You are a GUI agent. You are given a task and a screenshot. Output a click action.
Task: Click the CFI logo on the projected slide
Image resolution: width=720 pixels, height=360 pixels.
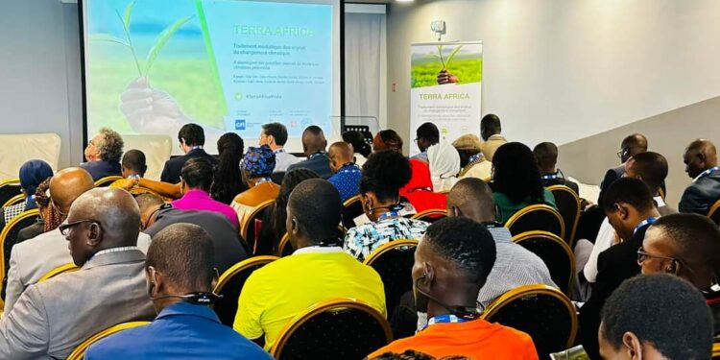click(x=240, y=124)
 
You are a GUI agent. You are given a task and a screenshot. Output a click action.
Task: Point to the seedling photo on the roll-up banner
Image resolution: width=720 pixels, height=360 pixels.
click(x=445, y=65)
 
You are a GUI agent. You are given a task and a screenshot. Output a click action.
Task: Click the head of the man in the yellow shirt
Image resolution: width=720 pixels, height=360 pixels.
click(x=316, y=211)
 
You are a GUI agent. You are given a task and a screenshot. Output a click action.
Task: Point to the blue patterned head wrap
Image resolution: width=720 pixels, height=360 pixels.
click(x=257, y=161)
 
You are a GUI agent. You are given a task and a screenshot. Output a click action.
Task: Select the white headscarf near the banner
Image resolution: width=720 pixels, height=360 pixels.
click(x=443, y=161)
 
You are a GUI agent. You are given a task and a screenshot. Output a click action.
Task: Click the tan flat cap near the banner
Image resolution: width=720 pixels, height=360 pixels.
click(x=468, y=142)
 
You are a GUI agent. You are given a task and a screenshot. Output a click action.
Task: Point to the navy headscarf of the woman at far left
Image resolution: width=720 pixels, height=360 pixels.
click(x=35, y=174)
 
